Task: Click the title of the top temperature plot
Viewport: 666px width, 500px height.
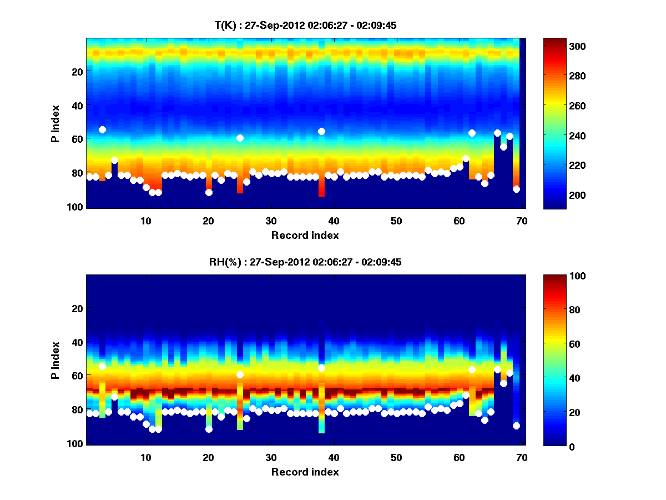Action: [x=305, y=26]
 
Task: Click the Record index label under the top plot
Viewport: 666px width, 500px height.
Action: [x=305, y=236]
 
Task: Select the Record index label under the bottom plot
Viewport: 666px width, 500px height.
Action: [x=305, y=472]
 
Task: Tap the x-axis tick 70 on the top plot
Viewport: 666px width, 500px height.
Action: [x=521, y=221]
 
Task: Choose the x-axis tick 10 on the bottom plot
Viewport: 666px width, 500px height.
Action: [x=145, y=457]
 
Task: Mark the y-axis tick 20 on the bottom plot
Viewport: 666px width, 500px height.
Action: [x=77, y=308]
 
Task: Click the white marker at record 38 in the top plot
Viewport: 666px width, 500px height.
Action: [x=321, y=131]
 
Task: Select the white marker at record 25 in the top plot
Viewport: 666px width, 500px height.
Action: [x=240, y=138]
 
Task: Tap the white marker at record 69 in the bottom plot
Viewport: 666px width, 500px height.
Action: [x=516, y=426]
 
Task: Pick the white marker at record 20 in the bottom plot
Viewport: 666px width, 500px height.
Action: [x=209, y=429]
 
